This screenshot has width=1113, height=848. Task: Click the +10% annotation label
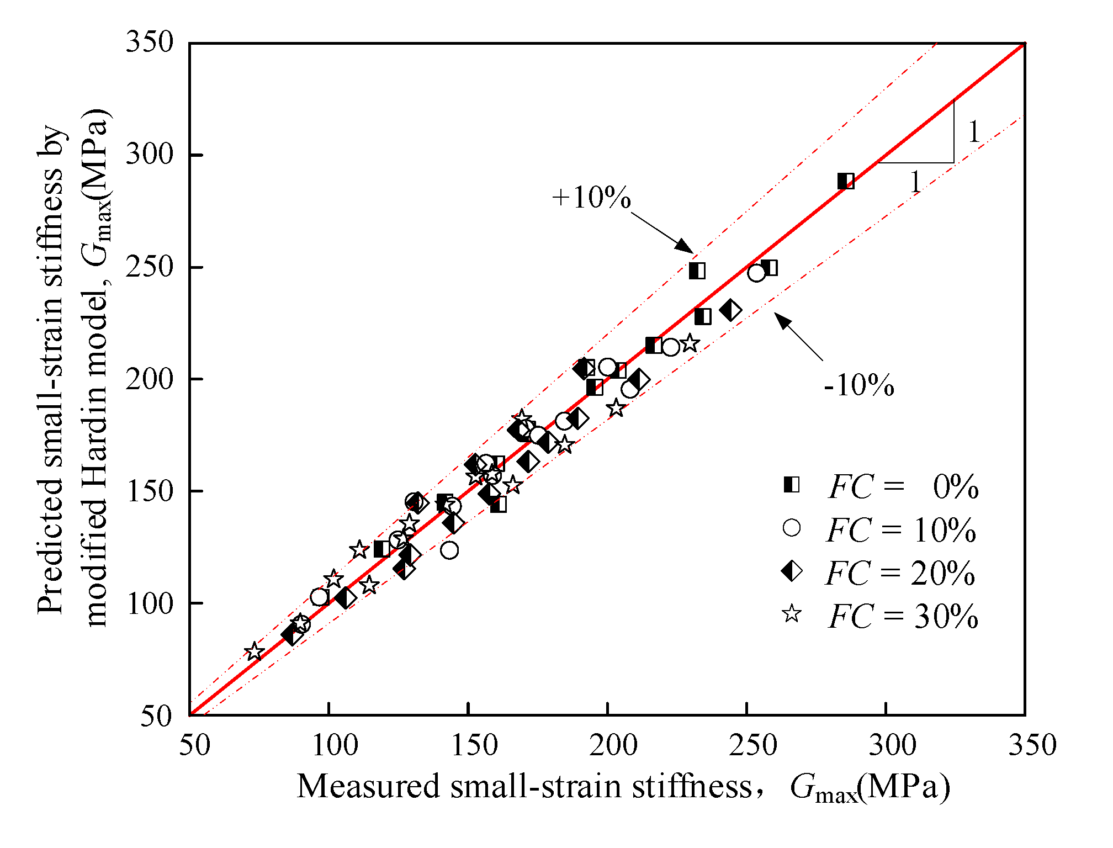point(591,198)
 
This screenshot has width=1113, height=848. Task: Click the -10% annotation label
point(858,385)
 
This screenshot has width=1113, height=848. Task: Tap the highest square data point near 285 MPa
point(846,181)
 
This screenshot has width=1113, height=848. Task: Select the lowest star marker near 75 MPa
point(255,651)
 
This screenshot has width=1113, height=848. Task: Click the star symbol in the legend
point(792,614)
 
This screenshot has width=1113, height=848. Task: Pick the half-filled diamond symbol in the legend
point(792,571)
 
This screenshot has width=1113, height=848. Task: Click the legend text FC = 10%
point(901,530)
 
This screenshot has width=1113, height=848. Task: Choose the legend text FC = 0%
point(903,487)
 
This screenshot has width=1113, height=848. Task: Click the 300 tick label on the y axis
point(150,155)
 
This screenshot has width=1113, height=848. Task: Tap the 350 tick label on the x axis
point(1032,745)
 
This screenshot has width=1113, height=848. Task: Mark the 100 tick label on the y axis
point(150,603)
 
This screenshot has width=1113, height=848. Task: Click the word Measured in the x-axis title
point(368,786)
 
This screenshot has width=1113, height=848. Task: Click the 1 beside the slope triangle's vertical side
point(974,132)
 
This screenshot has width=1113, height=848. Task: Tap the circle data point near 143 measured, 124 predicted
point(449,550)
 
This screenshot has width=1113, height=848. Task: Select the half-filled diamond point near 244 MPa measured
point(730,310)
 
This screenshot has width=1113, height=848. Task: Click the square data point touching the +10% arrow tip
point(697,271)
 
